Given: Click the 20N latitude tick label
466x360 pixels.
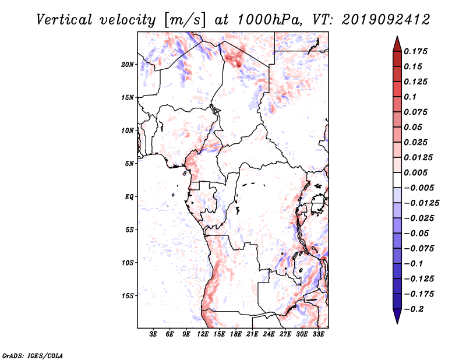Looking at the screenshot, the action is click(x=127, y=65).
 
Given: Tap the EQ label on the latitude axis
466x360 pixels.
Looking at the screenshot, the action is click(x=129, y=197).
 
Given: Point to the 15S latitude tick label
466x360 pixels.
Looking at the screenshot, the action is click(x=128, y=296).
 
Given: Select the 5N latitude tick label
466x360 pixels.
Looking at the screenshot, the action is click(x=129, y=164).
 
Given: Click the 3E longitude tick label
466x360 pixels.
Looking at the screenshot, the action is click(x=153, y=334).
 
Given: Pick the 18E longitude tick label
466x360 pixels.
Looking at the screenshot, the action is click(x=236, y=334).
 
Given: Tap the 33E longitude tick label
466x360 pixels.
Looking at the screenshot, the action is click(x=318, y=334).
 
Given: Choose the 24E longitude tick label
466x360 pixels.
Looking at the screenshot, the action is click(x=269, y=334).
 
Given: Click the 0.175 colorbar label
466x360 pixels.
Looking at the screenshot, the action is click(x=415, y=51).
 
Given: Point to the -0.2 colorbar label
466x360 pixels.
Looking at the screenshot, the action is click(x=414, y=309).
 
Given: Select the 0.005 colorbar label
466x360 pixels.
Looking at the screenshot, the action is click(x=415, y=172).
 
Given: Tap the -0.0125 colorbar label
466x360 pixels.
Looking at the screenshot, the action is click(x=421, y=203).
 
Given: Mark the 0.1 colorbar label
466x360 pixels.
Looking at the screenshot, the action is click(x=410, y=97).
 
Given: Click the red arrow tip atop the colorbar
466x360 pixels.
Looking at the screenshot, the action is click(x=397, y=37).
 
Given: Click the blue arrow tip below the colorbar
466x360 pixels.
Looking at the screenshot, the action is click(x=397, y=323).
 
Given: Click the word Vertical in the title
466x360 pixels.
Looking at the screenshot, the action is click(x=64, y=20).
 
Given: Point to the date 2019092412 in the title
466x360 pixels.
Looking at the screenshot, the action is click(x=386, y=20).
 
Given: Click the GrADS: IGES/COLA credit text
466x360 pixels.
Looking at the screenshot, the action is click(x=33, y=356).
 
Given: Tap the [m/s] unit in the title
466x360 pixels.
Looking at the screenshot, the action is click(x=185, y=20).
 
